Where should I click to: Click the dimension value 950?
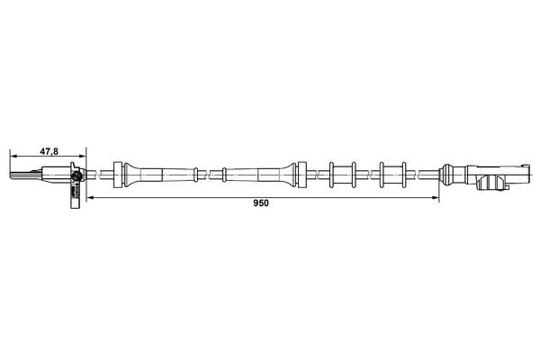(260, 203)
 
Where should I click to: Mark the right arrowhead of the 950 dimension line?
(440, 198)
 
